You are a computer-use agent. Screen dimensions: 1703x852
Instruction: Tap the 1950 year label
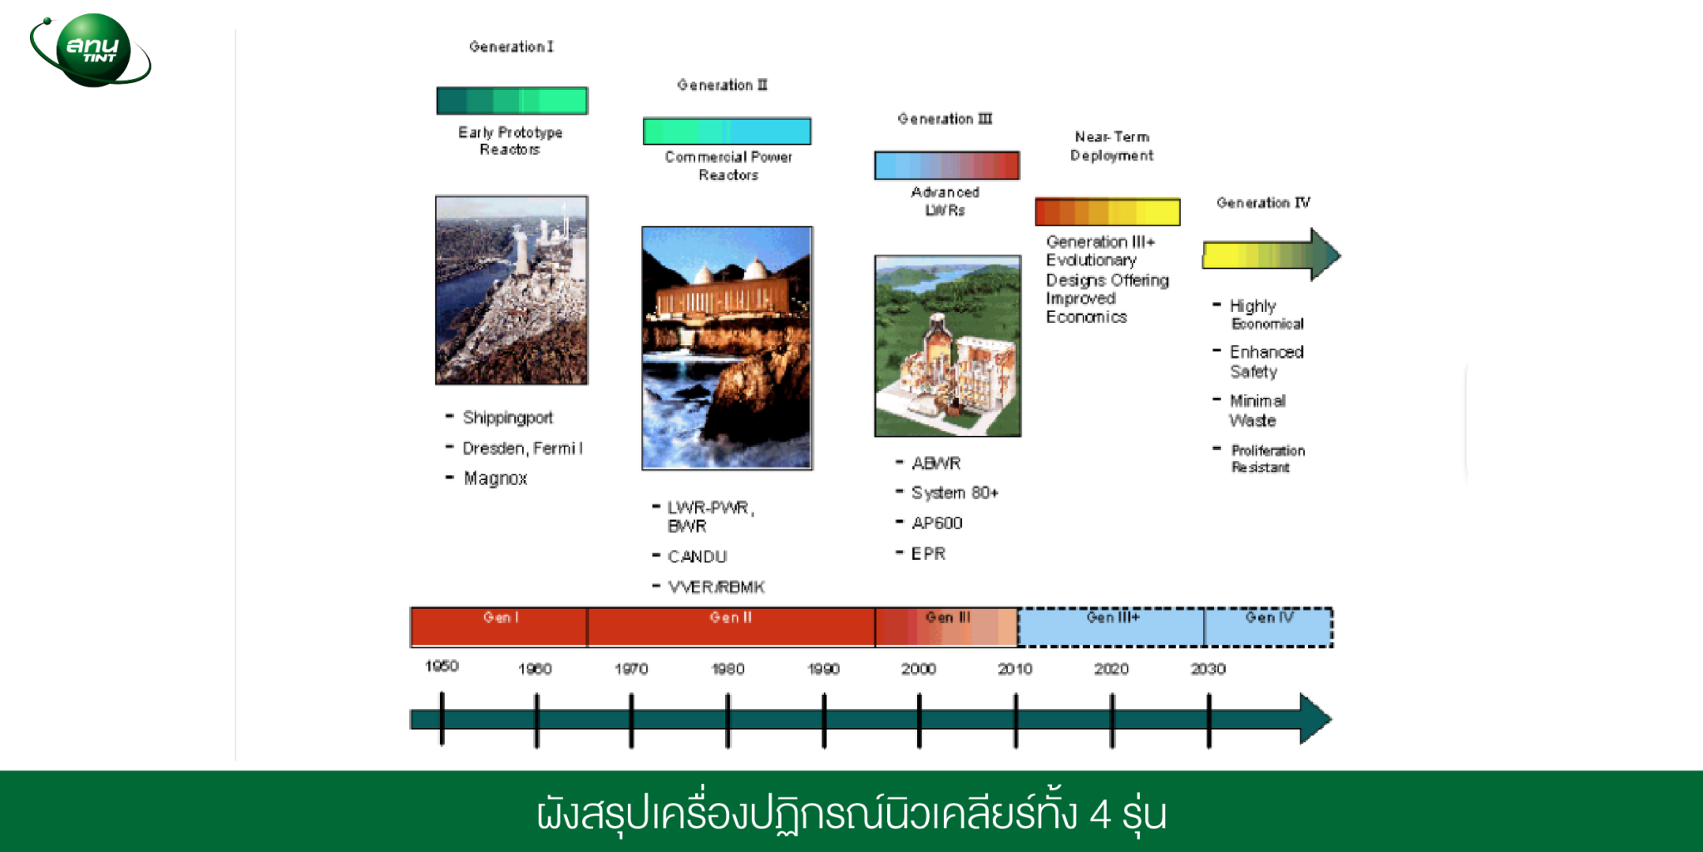442,666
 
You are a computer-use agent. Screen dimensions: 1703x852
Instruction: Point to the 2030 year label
1208,669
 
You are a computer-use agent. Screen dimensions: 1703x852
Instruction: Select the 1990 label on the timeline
823,669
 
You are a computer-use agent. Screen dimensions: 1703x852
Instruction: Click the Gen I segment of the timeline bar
499,627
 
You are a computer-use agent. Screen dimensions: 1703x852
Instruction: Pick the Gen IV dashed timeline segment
1268,627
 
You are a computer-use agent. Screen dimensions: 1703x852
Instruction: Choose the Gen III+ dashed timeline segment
1112,627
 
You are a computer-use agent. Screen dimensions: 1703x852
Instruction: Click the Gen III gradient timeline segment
947,627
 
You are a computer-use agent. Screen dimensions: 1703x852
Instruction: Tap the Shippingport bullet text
507,418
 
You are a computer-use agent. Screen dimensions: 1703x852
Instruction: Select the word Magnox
496,478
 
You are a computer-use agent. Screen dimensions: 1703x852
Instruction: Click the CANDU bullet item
697,557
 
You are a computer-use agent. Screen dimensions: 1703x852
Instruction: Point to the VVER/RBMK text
716,587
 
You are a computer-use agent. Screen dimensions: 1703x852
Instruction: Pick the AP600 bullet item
937,523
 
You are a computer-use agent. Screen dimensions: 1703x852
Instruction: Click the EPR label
928,554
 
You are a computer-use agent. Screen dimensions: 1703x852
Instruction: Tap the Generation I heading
511,47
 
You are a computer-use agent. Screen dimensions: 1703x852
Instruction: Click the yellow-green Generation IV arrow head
1326,255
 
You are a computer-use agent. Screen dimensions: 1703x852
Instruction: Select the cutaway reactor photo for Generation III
947,346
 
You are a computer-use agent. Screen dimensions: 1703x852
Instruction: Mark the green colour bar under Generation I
512,101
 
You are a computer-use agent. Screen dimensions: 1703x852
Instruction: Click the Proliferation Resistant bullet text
1267,458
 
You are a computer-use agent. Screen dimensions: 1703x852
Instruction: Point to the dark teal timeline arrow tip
1330,718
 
